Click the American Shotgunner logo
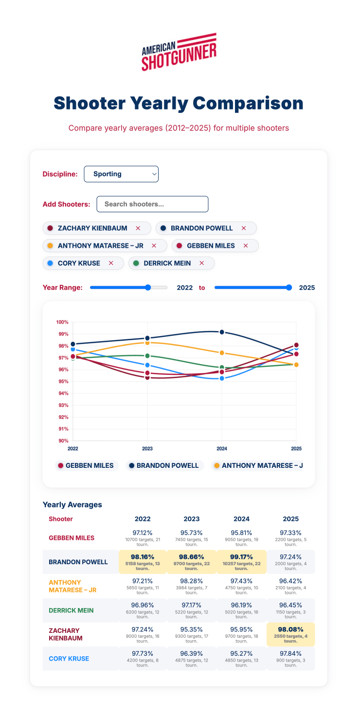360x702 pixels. tap(179, 52)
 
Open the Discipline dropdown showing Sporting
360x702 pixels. tap(121, 174)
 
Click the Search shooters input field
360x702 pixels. tap(152, 204)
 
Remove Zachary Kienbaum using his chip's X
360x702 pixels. tap(138, 228)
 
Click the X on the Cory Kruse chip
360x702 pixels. tap(111, 263)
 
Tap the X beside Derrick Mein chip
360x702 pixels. tap(202, 263)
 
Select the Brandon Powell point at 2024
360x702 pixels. tap(222, 332)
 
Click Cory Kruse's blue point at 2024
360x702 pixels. tap(222, 378)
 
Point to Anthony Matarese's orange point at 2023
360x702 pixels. tap(147, 343)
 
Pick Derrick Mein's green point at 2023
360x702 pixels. tap(147, 356)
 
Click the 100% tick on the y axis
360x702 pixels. tap(63, 322)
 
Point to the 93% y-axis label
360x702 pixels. tap(63, 405)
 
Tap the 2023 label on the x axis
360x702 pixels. tap(147, 448)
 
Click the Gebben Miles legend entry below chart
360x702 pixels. tap(86, 465)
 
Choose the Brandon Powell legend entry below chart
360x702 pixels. tap(164, 465)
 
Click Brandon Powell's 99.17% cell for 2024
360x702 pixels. tap(241, 562)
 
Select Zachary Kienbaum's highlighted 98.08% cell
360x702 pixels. tap(290, 634)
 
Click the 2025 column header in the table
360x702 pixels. tap(290, 519)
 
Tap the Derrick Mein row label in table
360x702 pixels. tap(71, 610)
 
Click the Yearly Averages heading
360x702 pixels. tap(72, 505)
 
